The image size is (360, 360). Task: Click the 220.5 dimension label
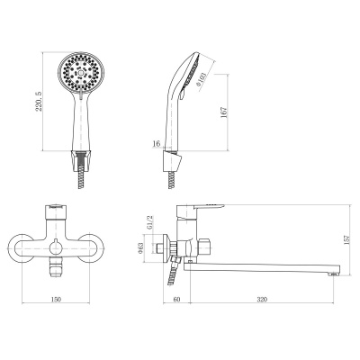pyautogui.click(x=39, y=102)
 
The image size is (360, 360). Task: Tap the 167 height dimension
pyautogui.click(x=224, y=112)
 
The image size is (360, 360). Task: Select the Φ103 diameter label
pyautogui.click(x=202, y=79)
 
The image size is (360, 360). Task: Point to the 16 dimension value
pyautogui.click(x=157, y=144)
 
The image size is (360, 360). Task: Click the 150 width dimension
pyautogui.click(x=56, y=299)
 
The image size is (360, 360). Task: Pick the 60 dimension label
pyautogui.click(x=177, y=299)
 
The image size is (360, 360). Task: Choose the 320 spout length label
pyautogui.click(x=262, y=299)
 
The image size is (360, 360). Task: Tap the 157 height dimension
pyautogui.click(x=347, y=240)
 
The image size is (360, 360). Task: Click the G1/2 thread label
pyautogui.click(x=149, y=222)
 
